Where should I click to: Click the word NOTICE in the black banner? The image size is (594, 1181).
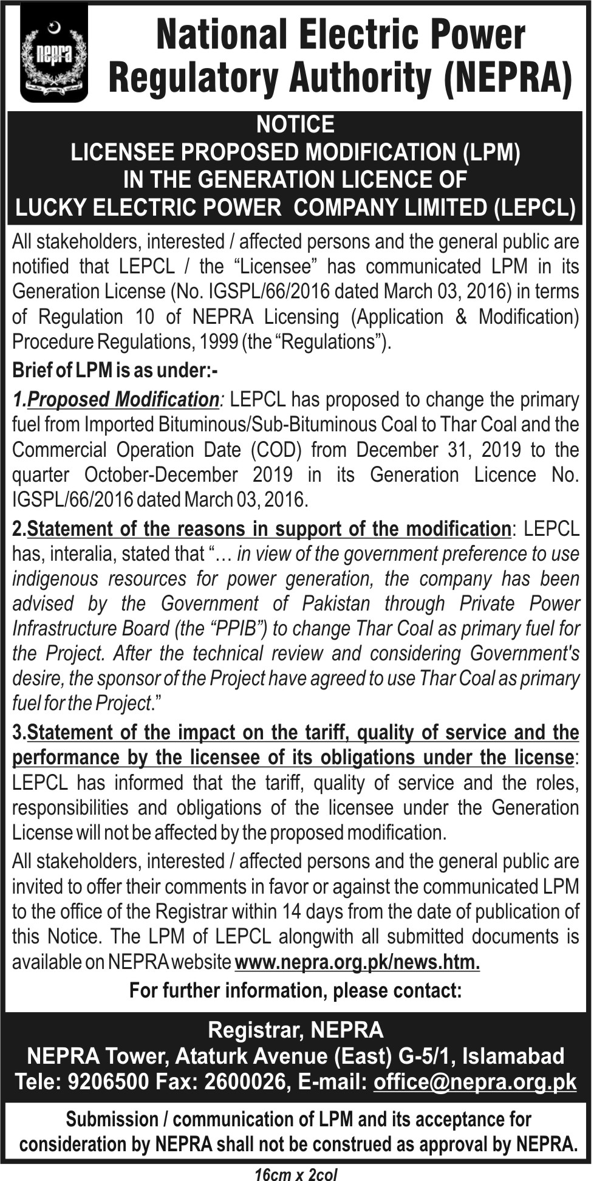coord(295,125)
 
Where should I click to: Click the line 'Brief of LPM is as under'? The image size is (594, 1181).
coord(115,370)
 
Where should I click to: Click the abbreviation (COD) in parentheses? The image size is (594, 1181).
coord(276,450)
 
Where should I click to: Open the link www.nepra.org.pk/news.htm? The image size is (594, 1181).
coord(357,962)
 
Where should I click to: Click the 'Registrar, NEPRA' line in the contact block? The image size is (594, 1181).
coord(296,1030)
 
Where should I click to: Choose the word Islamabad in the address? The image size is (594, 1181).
coord(513,1056)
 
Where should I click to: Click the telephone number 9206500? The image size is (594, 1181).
coord(110,1082)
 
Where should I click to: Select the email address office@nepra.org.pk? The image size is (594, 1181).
coord(474,1082)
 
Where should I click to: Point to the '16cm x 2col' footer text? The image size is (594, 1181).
coord(296,1174)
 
